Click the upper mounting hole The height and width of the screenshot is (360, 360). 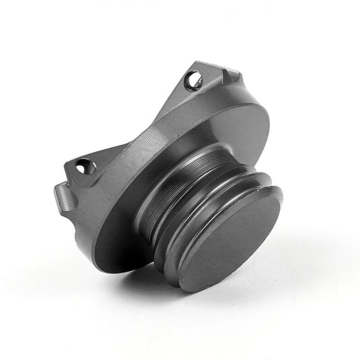point(194,81)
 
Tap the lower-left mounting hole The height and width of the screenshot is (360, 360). point(85,167)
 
